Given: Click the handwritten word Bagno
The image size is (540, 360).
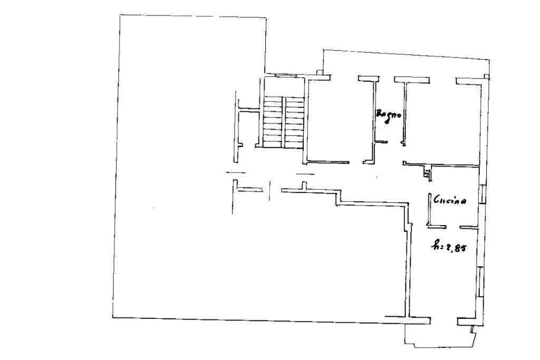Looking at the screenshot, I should pos(389,115).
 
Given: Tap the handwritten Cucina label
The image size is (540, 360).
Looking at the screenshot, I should pos(449,200).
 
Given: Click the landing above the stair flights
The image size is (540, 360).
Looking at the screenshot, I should pos(284,86).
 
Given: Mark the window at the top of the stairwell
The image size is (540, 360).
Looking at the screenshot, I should pos(284,75).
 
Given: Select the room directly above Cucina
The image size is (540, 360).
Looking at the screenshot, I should pos(442,121).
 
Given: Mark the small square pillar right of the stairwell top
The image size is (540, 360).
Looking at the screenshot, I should pos(320,72).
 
